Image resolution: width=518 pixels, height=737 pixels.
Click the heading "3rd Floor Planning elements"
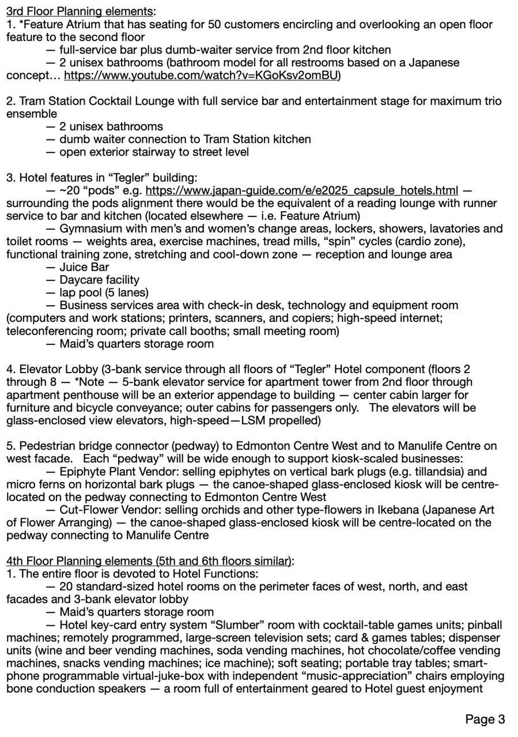click(x=80, y=11)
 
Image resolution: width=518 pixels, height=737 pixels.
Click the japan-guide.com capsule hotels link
click(x=302, y=191)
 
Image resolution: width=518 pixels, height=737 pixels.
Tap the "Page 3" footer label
click(x=485, y=719)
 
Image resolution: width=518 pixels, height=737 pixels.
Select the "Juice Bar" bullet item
click(x=84, y=267)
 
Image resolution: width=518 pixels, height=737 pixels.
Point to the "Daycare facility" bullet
click(x=99, y=280)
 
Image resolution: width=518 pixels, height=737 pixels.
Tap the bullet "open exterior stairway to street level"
click(x=154, y=152)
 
